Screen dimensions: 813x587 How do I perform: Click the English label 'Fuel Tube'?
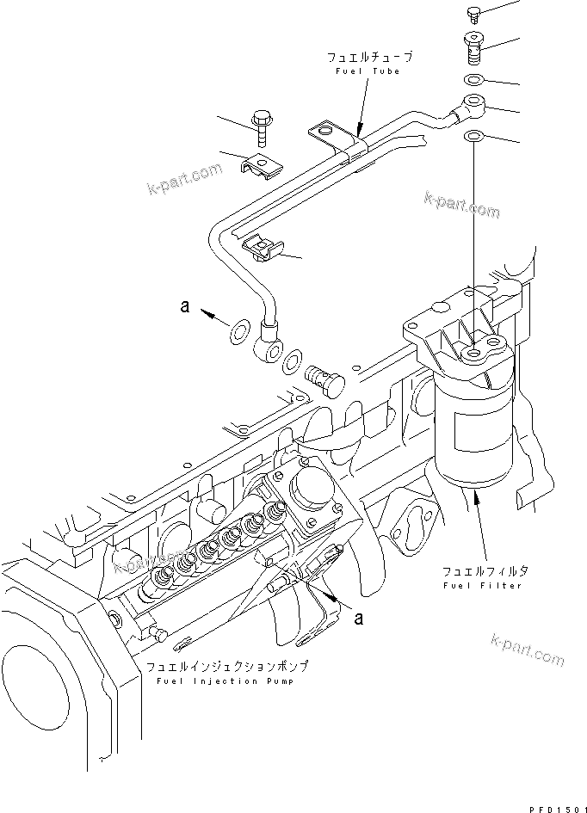tap(368, 71)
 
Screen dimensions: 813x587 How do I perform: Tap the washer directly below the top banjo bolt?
tap(473, 81)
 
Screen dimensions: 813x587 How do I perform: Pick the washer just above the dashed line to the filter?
tap(473, 137)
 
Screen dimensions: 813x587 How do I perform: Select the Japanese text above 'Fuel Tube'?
tap(369, 57)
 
